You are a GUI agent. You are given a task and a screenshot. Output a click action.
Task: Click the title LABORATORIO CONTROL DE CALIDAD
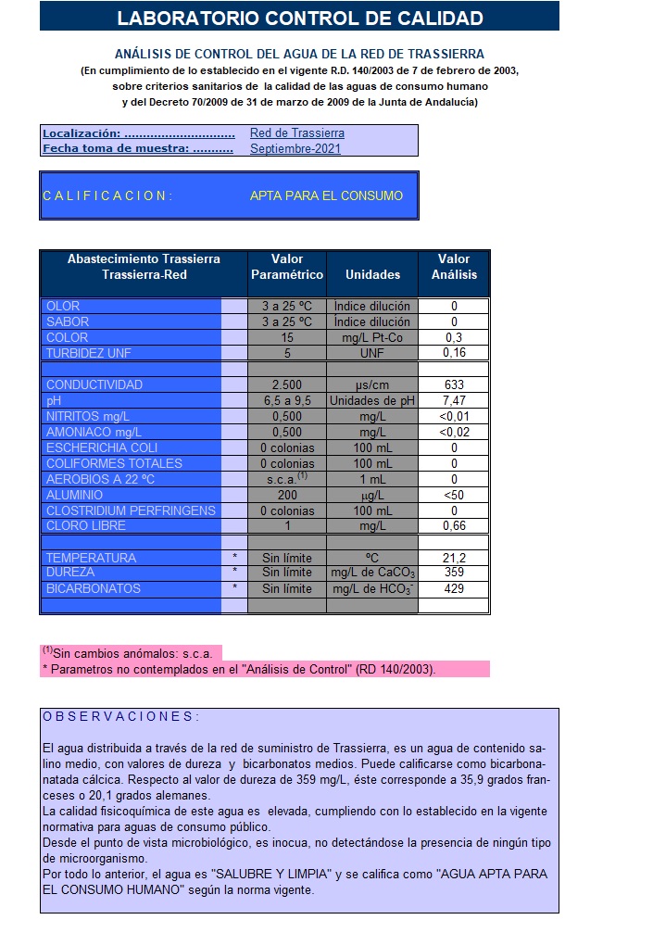click(x=300, y=18)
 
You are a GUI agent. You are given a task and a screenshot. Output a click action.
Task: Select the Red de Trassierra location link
click(x=296, y=133)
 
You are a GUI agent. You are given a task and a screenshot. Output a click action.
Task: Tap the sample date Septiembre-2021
click(x=295, y=148)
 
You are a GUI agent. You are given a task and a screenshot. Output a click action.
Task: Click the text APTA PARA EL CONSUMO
click(x=326, y=195)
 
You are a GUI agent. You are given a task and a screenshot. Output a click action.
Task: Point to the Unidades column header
click(x=372, y=274)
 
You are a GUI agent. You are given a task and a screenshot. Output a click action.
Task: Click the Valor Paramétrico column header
click(x=287, y=267)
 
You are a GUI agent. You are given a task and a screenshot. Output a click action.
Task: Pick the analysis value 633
click(x=454, y=384)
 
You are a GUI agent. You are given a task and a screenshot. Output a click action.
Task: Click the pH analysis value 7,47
click(x=454, y=400)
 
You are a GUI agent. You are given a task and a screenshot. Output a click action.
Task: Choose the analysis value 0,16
click(x=454, y=353)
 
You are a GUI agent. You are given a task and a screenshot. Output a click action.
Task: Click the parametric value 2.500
click(x=287, y=384)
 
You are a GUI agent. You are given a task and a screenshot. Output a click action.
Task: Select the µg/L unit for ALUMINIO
click(x=372, y=495)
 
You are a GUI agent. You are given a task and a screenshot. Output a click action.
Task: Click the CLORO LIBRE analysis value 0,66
click(x=454, y=526)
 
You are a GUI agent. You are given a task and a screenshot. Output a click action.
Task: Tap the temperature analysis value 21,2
click(x=454, y=558)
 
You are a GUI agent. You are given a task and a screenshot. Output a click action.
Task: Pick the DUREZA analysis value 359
click(x=454, y=573)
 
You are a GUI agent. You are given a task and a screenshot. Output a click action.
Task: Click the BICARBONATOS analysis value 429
click(x=454, y=588)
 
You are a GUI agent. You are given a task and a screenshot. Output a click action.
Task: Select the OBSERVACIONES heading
click(x=120, y=717)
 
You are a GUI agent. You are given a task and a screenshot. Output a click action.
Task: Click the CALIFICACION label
click(x=107, y=195)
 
